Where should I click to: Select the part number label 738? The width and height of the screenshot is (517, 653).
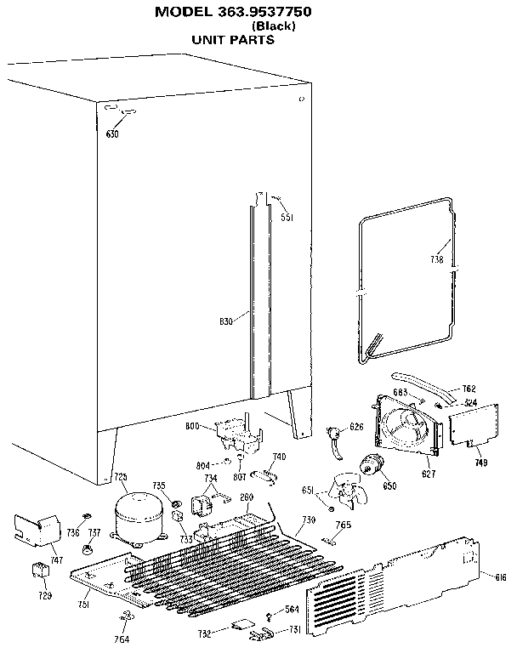436,259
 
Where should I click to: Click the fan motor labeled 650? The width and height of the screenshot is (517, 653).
372,467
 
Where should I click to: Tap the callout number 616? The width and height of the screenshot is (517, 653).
500,577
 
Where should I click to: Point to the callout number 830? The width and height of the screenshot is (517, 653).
226,321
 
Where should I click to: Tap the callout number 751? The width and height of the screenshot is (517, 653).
83,605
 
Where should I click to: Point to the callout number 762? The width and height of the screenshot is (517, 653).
469,390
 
